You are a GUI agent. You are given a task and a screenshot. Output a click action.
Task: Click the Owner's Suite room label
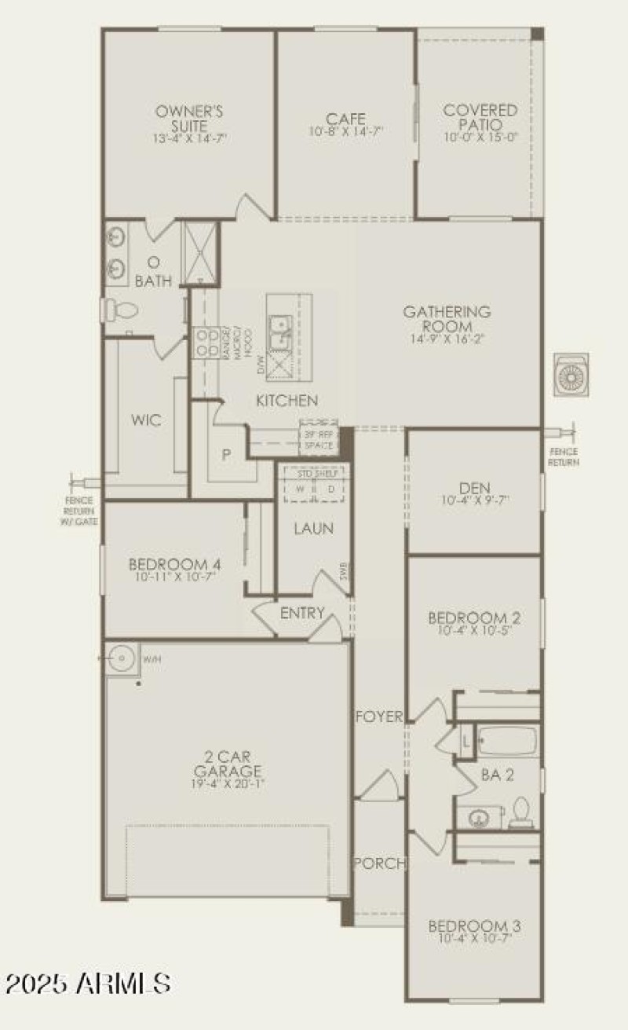point(188,119)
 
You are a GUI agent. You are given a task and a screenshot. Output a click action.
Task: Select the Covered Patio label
point(480,119)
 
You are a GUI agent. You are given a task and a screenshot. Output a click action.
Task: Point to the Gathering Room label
point(447,319)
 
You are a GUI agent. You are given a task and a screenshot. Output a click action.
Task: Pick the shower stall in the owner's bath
point(199,252)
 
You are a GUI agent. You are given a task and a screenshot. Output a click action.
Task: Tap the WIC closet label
point(146,420)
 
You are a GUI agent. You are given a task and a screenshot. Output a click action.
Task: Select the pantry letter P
point(225,454)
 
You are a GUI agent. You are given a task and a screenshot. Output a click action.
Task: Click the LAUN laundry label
point(313,529)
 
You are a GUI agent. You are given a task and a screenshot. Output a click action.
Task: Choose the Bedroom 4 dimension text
point(173,577)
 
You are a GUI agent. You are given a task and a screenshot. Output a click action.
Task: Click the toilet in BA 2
point(520,812)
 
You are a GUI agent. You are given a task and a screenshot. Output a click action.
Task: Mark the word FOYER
point(380,717)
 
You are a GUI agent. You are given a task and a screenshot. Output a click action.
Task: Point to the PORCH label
point(380,863)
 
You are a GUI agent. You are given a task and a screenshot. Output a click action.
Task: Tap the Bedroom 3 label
point(474,926)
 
